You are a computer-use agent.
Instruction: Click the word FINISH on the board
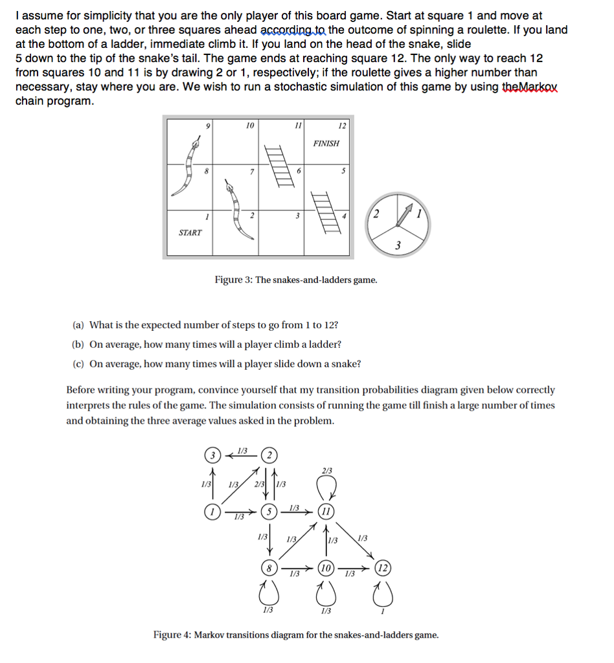coord(326,143)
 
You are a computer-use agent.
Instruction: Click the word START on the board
coord(190,232)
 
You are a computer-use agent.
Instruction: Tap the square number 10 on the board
coord(249,124)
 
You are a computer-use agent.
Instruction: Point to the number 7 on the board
coord(249,171)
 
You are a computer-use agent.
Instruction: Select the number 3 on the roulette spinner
coord(398,245)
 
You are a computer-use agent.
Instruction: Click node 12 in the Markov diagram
coord(383,568)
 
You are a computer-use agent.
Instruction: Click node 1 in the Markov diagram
coord(210,511)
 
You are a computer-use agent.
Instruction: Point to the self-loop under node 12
coord(383,592)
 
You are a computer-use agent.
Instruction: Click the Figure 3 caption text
coord(295,280)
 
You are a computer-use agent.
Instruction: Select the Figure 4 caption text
coord(295,635)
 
